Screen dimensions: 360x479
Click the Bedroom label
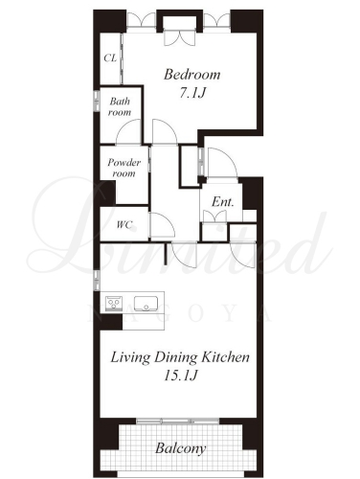192,75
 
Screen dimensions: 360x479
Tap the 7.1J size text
191,93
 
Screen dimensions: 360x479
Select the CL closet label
110,58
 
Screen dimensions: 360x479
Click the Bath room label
120,106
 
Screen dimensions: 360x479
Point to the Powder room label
124,168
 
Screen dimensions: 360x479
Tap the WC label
124,225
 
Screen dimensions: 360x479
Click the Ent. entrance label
223,202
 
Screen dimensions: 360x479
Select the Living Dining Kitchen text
180,357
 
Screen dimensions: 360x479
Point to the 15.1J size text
180,376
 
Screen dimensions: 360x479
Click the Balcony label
180,448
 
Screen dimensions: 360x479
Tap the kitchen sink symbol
146,304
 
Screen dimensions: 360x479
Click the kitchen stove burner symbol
114,303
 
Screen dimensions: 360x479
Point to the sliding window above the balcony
178,422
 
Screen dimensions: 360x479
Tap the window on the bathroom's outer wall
97,101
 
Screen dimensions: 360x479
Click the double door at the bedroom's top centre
179,37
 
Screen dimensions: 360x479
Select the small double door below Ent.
214,217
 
